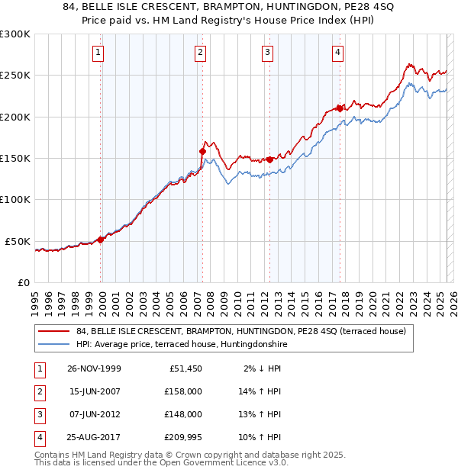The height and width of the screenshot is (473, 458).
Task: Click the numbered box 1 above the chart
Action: click(100, 53)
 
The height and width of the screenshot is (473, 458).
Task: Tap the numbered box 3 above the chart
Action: click(268, 53)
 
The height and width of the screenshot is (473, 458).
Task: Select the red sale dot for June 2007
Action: click(202, 151)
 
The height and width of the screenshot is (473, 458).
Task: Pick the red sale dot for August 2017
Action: click(339, 108)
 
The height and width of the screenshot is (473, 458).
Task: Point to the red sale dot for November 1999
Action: click(100, 240)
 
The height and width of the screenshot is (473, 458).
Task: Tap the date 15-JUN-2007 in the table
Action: click(93, 391)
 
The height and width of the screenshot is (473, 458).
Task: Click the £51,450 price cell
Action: click(183, 368)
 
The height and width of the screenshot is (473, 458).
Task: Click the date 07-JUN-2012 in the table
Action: click(93, 414)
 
